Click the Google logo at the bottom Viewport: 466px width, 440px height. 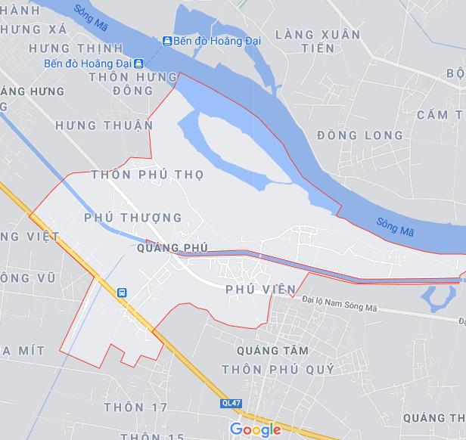(255, 429)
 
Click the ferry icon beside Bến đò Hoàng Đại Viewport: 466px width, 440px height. (166, 40)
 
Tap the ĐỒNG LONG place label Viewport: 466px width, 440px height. (360, 135)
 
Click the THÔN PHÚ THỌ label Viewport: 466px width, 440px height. (147, 175)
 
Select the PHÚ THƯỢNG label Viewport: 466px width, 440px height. (133, 218)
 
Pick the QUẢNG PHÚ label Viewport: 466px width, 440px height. (173, 247)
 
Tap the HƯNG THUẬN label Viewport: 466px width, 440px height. (104, 125)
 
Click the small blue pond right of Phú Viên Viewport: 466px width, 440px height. (436, 296)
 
